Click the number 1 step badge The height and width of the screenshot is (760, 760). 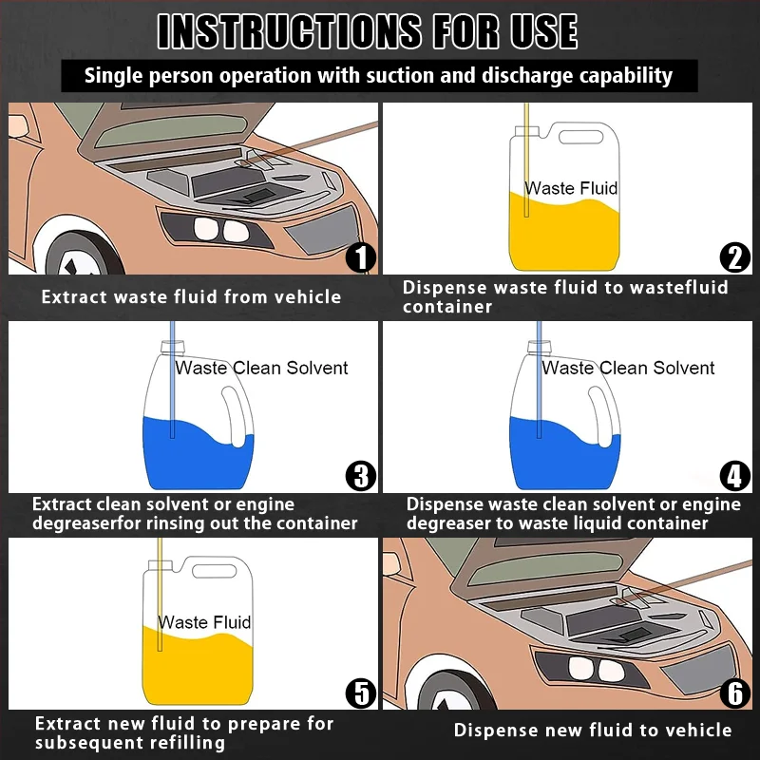pos(361,257)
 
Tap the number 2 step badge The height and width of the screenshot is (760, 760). pos(734,257)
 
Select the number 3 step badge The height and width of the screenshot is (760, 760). pos(361,474)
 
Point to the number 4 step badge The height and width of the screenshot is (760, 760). pos(734,474)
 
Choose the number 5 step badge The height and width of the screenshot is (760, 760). pos(361,693)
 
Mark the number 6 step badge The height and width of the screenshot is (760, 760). pos(734,693)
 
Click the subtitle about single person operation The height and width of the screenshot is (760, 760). pos(378,76)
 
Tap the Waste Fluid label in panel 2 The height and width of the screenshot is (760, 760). pos(571,188)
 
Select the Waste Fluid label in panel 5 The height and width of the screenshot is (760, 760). pos(204,622)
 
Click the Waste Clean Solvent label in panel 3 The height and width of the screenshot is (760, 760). pos(262,368)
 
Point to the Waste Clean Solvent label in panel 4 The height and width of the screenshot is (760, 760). pos(628,368)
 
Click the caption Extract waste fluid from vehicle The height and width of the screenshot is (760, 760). pos(191,297)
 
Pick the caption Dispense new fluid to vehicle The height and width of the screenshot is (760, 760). pos(593,731)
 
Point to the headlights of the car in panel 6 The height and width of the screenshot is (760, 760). pos(590,669)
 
